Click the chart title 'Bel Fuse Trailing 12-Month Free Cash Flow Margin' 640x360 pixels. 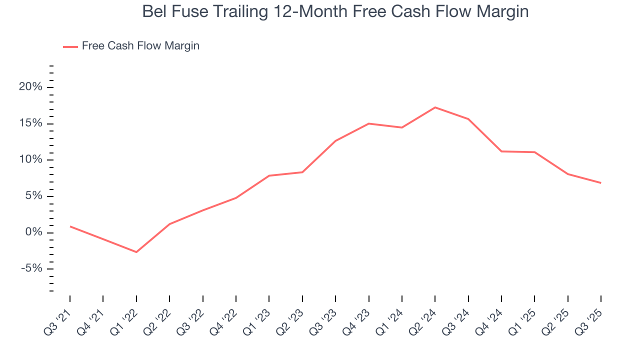pyautogui.click(x=335, y=11)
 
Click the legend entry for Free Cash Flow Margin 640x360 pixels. pyautogui.click(x=140, y=46)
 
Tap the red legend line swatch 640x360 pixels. pyautogui.click(x=70, y=46)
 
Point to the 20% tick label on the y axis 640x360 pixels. pyautogui.click(x=30, y=87)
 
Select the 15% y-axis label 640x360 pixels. pyautogui.click(x=30, y=123)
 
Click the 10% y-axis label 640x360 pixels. pyautogui.click(x=30, y=160)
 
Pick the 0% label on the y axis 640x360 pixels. pyautogui.click(x=33, y=232)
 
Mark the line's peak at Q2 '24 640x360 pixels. pyautogui.click(x=435, y=107)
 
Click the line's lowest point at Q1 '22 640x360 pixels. pyautogui.click(x=136, y=252)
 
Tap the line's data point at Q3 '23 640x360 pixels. pyautogui.click(x=335, y=141)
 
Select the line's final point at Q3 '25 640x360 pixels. pyautogui.click(x=600, y=183)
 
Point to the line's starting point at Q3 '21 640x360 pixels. pyautogui.click(x=70, y=226)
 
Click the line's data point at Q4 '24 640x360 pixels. pyautogui.click(x=501, y=151)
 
